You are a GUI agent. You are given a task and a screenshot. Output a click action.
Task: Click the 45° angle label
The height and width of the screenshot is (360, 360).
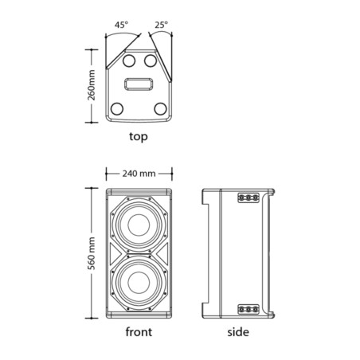121,25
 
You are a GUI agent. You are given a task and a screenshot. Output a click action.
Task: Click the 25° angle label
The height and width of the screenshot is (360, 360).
162,25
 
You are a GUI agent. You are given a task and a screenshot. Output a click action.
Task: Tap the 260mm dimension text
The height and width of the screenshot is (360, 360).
92,85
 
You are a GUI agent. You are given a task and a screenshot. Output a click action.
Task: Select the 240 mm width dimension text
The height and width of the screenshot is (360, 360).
139,174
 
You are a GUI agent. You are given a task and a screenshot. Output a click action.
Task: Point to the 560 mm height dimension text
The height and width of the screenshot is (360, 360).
92,253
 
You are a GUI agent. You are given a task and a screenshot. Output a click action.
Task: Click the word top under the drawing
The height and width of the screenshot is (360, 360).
139,136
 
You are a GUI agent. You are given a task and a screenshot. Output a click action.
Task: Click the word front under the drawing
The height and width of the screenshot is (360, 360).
139,332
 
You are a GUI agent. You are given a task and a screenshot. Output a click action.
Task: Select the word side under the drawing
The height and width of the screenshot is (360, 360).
238,332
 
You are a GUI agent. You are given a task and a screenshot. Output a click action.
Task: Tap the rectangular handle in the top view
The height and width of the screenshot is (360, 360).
139,84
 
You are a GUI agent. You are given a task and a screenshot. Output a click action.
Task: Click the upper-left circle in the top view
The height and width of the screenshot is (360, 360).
129,61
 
